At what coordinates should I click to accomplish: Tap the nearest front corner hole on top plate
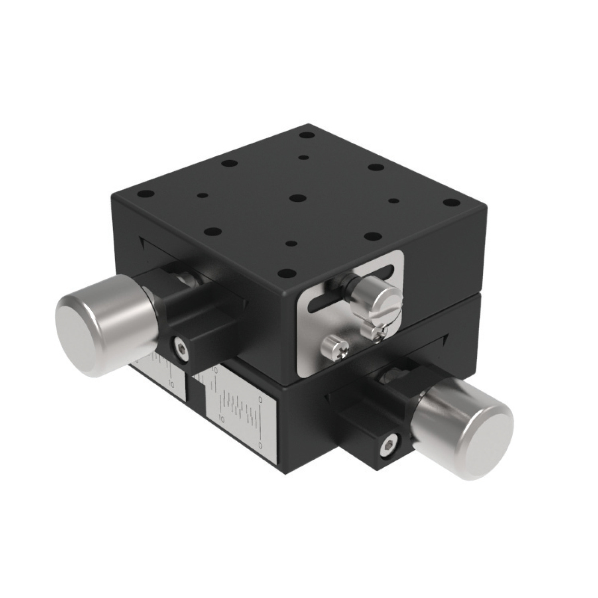[x=285, y=273]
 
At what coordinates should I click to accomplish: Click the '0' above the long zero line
[x=260, y=399]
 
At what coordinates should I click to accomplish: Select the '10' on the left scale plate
[x=172, y=384]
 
